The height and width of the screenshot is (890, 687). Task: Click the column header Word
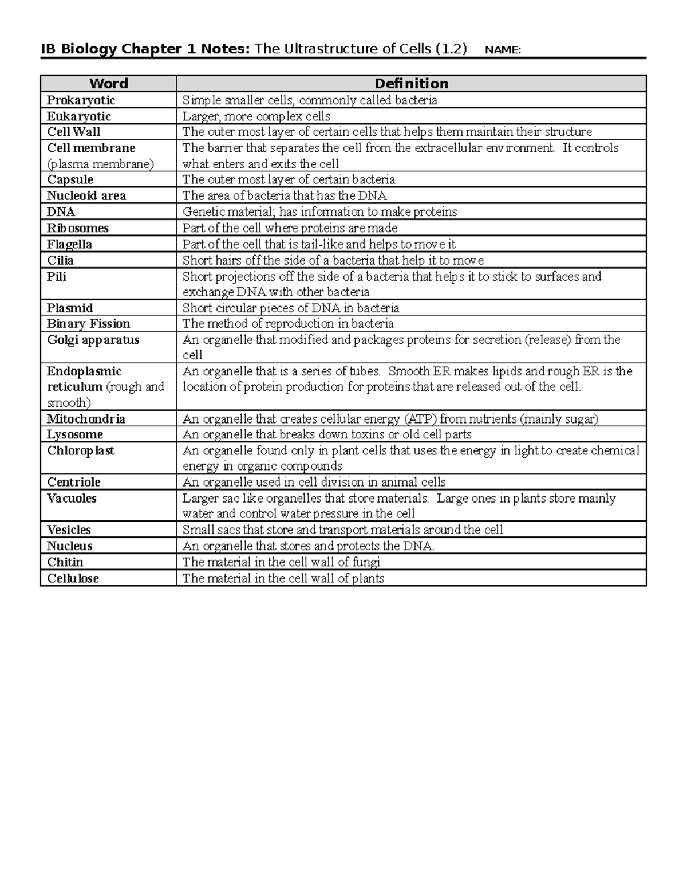(x=108, y=84)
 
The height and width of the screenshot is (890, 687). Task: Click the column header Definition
(x=411, y=84)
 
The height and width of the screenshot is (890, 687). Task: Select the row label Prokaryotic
(x=81, y=100)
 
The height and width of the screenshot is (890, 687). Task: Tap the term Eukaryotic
(x=78, y=116)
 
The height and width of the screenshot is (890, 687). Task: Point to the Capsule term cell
(x=70, y=180)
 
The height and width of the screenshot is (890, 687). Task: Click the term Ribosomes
(x=77, y=228)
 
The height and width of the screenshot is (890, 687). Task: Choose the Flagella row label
(x=69, y=244)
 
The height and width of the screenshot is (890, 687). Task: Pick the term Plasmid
(x=70, y=308)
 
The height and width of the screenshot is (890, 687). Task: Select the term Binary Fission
(x=88, y=324)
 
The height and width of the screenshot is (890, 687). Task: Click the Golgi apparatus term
(x=93, y=340)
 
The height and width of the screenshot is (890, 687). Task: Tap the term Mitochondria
(x=86, y=419)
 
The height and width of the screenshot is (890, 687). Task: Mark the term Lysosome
(x=74, y=435)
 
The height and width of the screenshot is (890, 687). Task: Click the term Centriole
(x=73, y=483)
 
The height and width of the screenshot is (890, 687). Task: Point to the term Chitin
(x=65, y=562)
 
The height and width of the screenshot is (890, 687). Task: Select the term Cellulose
(x=73, y=579)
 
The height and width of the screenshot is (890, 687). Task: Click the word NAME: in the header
(x=503, y=50)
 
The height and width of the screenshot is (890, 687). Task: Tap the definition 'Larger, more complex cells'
(x=256, y=116)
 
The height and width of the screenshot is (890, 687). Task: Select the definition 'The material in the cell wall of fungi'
(x=281, y=562)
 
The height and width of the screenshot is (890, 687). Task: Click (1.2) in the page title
(x=451, y=49)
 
